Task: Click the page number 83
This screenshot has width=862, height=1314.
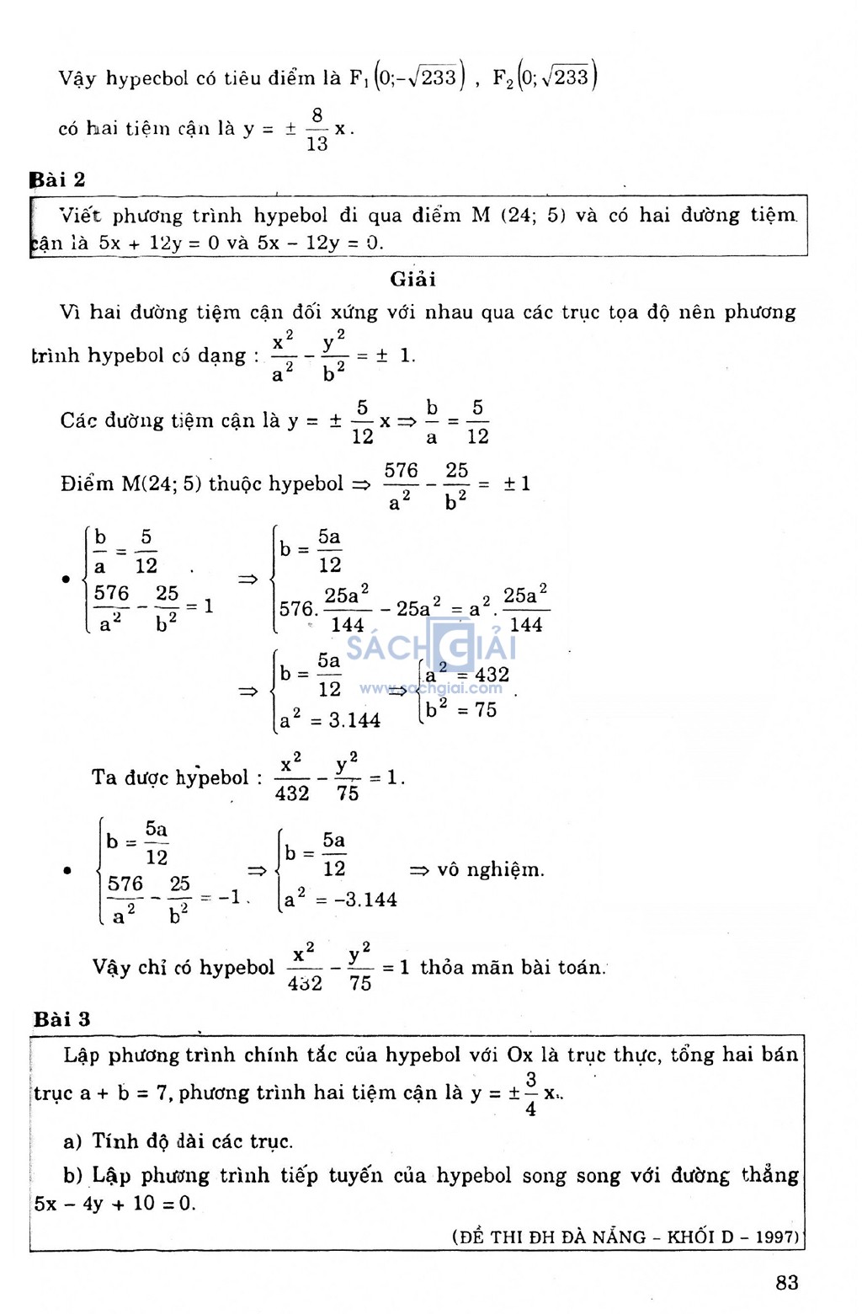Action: coord(786,1282)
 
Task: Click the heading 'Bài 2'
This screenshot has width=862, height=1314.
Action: coord(58,179)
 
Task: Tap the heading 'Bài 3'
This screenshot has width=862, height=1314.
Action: coord(61,1019)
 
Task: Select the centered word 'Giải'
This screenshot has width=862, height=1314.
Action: coord(412,280)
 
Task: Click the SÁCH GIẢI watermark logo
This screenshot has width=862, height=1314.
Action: coord(431,647)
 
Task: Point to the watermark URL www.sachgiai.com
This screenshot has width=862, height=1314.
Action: coord(431,688)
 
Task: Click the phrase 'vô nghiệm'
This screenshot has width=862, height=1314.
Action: coord(490,869)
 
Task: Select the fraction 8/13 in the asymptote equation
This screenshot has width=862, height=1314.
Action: coord(317,129)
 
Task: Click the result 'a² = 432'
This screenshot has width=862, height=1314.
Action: coord(467,674)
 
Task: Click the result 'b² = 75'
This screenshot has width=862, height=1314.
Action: coord(461,709)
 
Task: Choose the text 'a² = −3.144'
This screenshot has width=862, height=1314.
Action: coord(340,900)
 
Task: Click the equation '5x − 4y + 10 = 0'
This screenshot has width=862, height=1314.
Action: coord(114,1204)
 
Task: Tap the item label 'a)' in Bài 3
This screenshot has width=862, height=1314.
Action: coord(72,1142)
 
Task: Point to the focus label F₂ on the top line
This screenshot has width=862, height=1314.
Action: coord(503,79)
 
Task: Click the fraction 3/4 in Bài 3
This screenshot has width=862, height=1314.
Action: coord(530,1094)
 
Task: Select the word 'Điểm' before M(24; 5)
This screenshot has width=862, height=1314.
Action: coord(87,484)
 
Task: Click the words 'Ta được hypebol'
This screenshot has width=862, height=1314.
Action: coord(170,777)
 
